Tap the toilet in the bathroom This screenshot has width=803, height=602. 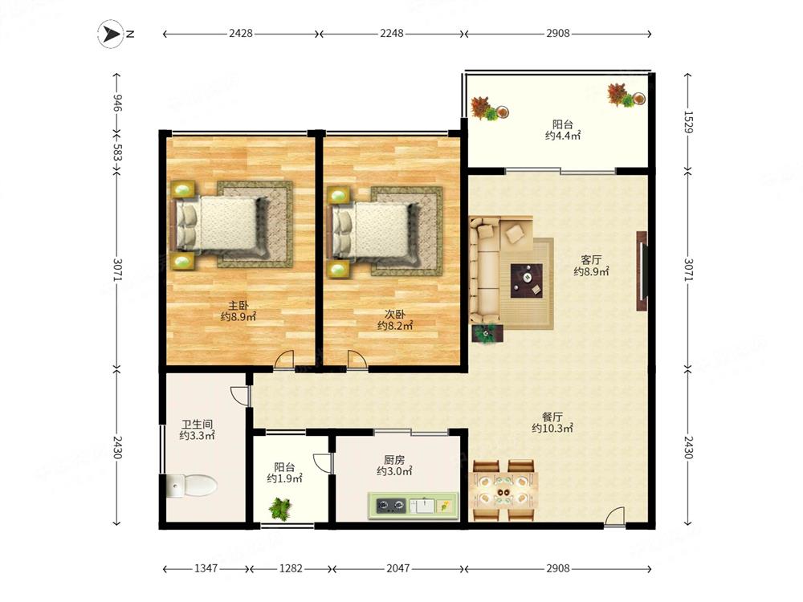(x=192, y=485)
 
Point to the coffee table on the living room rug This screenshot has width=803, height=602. (x=527, y=280)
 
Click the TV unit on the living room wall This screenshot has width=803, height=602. (x=642, y=271)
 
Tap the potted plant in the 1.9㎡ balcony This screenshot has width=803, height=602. (x=280, y=509)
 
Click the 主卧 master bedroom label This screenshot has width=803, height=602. (x=238, y=306)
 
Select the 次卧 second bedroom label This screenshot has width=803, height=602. (x=395, y=315)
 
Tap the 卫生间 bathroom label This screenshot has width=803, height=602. (x=198, y=425)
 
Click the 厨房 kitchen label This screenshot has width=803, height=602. (x=394, y=460)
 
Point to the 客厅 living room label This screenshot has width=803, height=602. (x=591, y=260)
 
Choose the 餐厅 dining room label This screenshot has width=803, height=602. (x=552, y=417)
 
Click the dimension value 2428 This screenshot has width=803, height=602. (x=241, y=33)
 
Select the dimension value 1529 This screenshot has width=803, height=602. (x=688, y=122)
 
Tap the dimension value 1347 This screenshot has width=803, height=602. (x=206, y=568)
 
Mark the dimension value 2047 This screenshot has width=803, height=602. (x=398, y=568)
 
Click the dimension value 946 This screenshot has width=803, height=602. (x=117, y=103)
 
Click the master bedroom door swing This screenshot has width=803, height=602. (x=284, y=360)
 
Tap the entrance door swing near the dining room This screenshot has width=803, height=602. (x=615, y=516)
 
